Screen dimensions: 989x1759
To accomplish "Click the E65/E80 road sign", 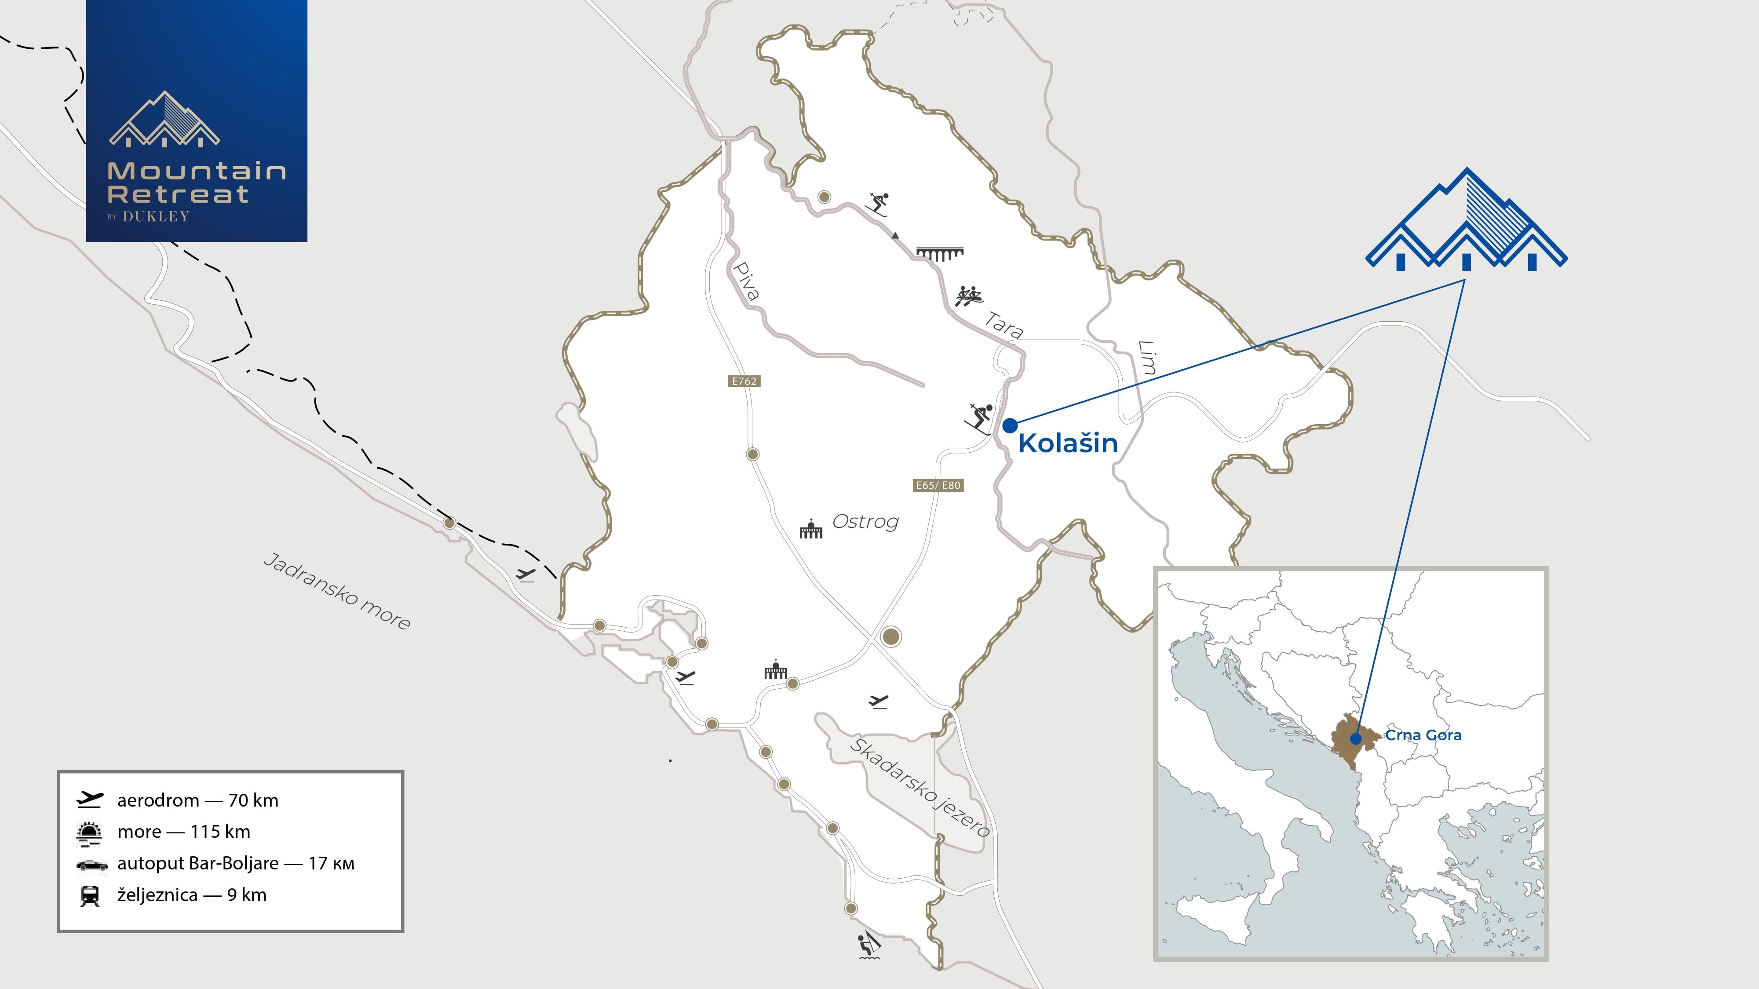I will tap(938, 485).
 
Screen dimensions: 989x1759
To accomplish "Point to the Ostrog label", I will tap(865, 521).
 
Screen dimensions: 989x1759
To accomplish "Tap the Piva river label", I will tap(746, 281).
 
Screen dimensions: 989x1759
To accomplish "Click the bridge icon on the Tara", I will tap(940, 254).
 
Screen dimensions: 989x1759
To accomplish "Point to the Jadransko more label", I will tap(337, 591).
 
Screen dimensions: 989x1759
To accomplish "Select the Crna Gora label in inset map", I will tap(1423, 735).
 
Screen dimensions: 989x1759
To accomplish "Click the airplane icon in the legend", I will tap(89, 799).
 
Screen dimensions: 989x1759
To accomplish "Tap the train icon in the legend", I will tap(89, 895).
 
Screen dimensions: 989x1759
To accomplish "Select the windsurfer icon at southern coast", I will tap(869, 945).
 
